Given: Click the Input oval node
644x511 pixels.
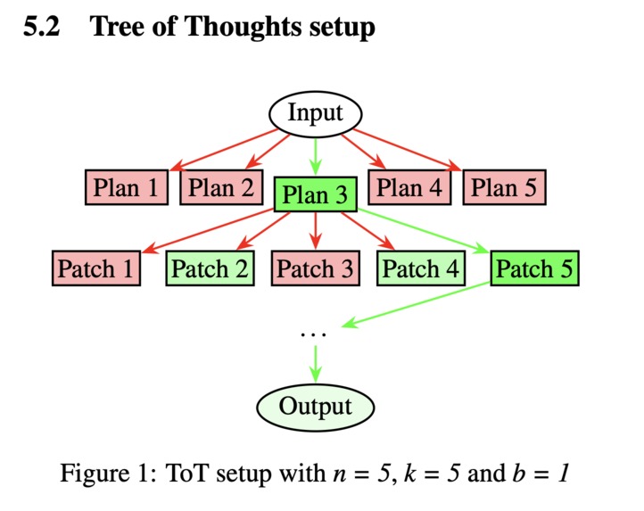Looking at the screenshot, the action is coord(316,114).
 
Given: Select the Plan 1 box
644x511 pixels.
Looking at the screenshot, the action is coord(127,187).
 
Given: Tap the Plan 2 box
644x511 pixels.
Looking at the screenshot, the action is coord(221,187).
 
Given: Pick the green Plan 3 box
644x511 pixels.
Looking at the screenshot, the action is coord(316,194).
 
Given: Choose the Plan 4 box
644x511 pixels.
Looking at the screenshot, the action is coord(409,187).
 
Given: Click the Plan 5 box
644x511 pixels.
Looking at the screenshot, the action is coord(504,187).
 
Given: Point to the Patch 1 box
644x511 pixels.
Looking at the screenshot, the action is coord(96,268).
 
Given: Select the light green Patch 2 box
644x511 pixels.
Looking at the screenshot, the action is coord(210,268).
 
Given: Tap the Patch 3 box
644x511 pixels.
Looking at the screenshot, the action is coord(316,268).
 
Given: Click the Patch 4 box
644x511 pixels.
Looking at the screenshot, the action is coord(421,268).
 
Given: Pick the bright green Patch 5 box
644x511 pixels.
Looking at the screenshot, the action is coord(535,268).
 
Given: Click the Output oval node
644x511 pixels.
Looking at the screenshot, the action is coord(316,407).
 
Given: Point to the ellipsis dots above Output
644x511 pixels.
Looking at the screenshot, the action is coord(313,334).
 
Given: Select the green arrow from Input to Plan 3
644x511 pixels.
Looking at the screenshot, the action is coord(316,156).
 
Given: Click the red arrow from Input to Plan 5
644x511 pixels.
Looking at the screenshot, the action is coord(407,150).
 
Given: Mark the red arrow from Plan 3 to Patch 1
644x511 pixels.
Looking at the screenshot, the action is coord(208,230).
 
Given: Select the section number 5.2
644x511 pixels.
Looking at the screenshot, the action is coord(42,26).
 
